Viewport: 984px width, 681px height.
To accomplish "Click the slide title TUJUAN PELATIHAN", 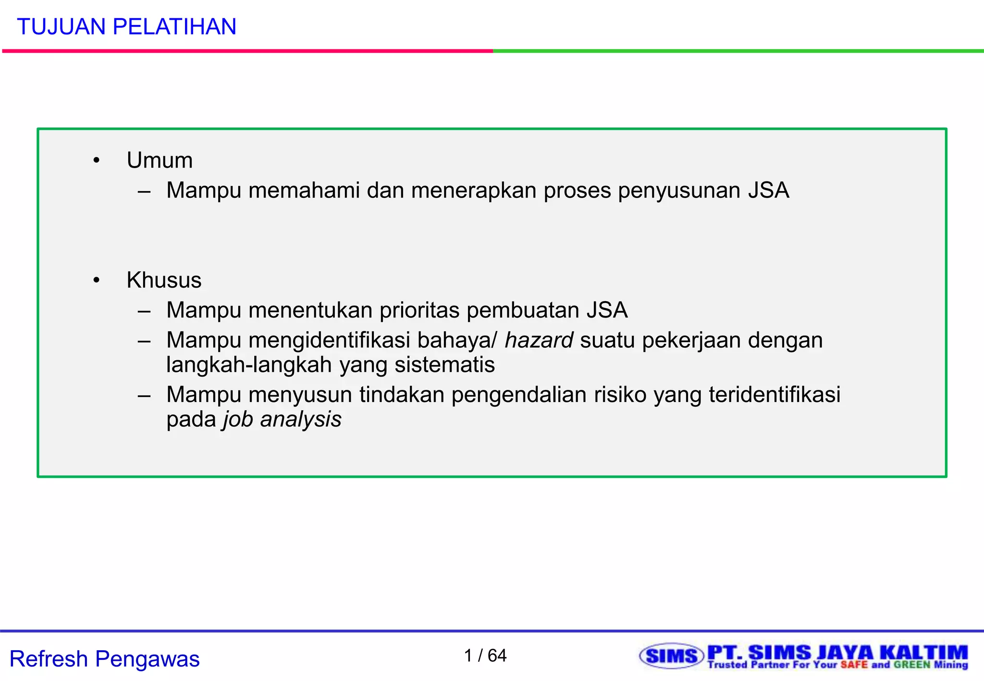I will point(126,27).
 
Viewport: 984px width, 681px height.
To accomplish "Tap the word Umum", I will point(160,160).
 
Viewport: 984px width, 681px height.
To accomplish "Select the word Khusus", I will point(164,280).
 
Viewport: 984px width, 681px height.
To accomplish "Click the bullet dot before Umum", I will point(97,161).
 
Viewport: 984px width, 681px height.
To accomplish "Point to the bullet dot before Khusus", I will point(97,280).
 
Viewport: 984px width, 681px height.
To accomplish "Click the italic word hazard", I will point(539,340).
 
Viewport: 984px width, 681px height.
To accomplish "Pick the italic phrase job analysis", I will point(282,419).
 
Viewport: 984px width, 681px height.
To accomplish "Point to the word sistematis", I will point(444,365).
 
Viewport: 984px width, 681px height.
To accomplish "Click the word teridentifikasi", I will point(775,395).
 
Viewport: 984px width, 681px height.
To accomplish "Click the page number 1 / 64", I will point(485,656).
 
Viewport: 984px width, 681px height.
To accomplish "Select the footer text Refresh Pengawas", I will point(104,659).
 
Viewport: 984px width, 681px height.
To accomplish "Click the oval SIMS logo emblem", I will point(671,656).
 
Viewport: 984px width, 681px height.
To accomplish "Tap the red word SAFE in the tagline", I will point(854,665).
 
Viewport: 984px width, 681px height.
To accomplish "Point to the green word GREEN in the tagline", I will point(912,665).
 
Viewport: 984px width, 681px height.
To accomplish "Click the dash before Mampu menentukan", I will point(144,311).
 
